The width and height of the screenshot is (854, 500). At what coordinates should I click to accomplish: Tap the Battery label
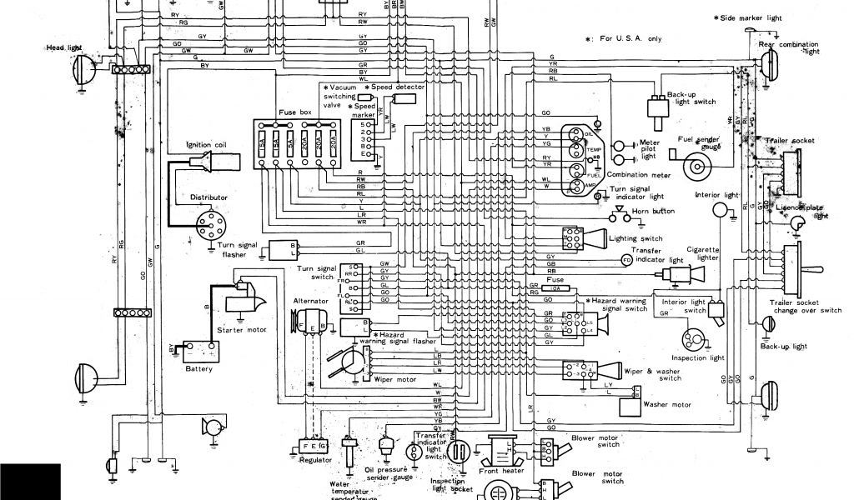199,368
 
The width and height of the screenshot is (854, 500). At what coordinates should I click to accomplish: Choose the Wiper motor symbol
350,360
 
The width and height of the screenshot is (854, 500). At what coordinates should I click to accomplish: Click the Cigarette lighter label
702,253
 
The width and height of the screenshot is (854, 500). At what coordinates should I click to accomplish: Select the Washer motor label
668,405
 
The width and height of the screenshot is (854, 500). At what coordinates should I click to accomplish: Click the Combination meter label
639,175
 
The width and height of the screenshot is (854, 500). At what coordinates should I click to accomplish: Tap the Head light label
63,48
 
